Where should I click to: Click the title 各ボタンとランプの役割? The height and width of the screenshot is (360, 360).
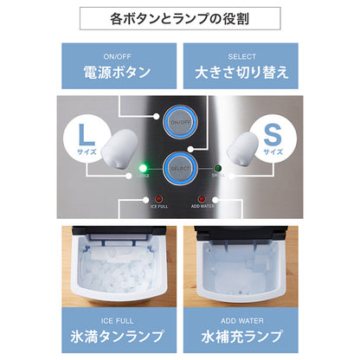(x=180, y=18)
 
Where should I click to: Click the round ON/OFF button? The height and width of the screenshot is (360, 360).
(x=180, y=122)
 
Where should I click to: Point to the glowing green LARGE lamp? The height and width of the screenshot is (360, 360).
(x=145, y=168)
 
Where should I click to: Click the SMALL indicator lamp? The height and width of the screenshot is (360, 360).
(x=218, y=168)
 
